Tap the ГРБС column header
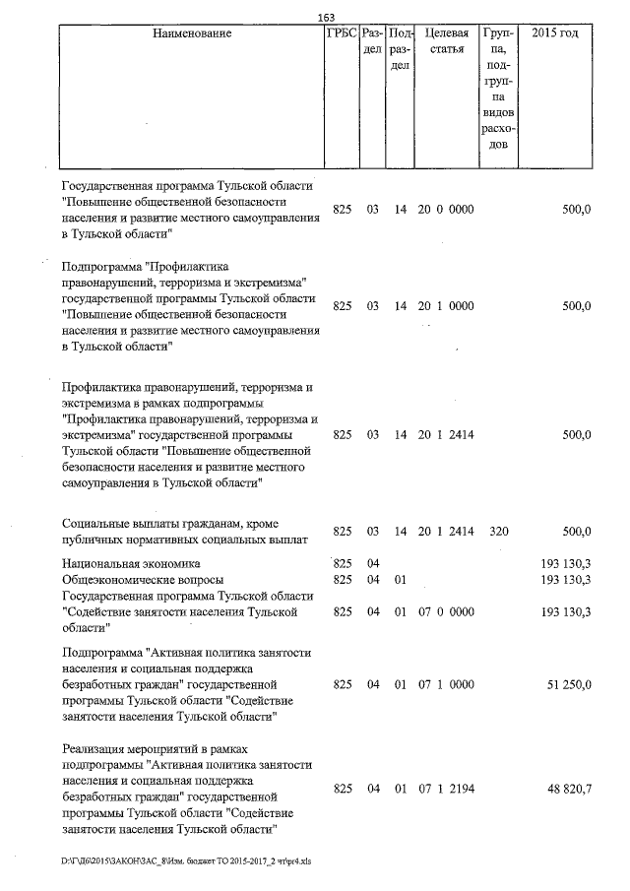coord(340,33)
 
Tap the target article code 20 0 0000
coord(446,210)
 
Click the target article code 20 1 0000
coord(446,306)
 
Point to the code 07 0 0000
coord(446,611)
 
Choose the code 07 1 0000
coord(446,683)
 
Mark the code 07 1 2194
coord(446,790)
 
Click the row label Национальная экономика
coord(130,563)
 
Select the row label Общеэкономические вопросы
coord(142,580)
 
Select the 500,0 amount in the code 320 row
coord(575,532)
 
